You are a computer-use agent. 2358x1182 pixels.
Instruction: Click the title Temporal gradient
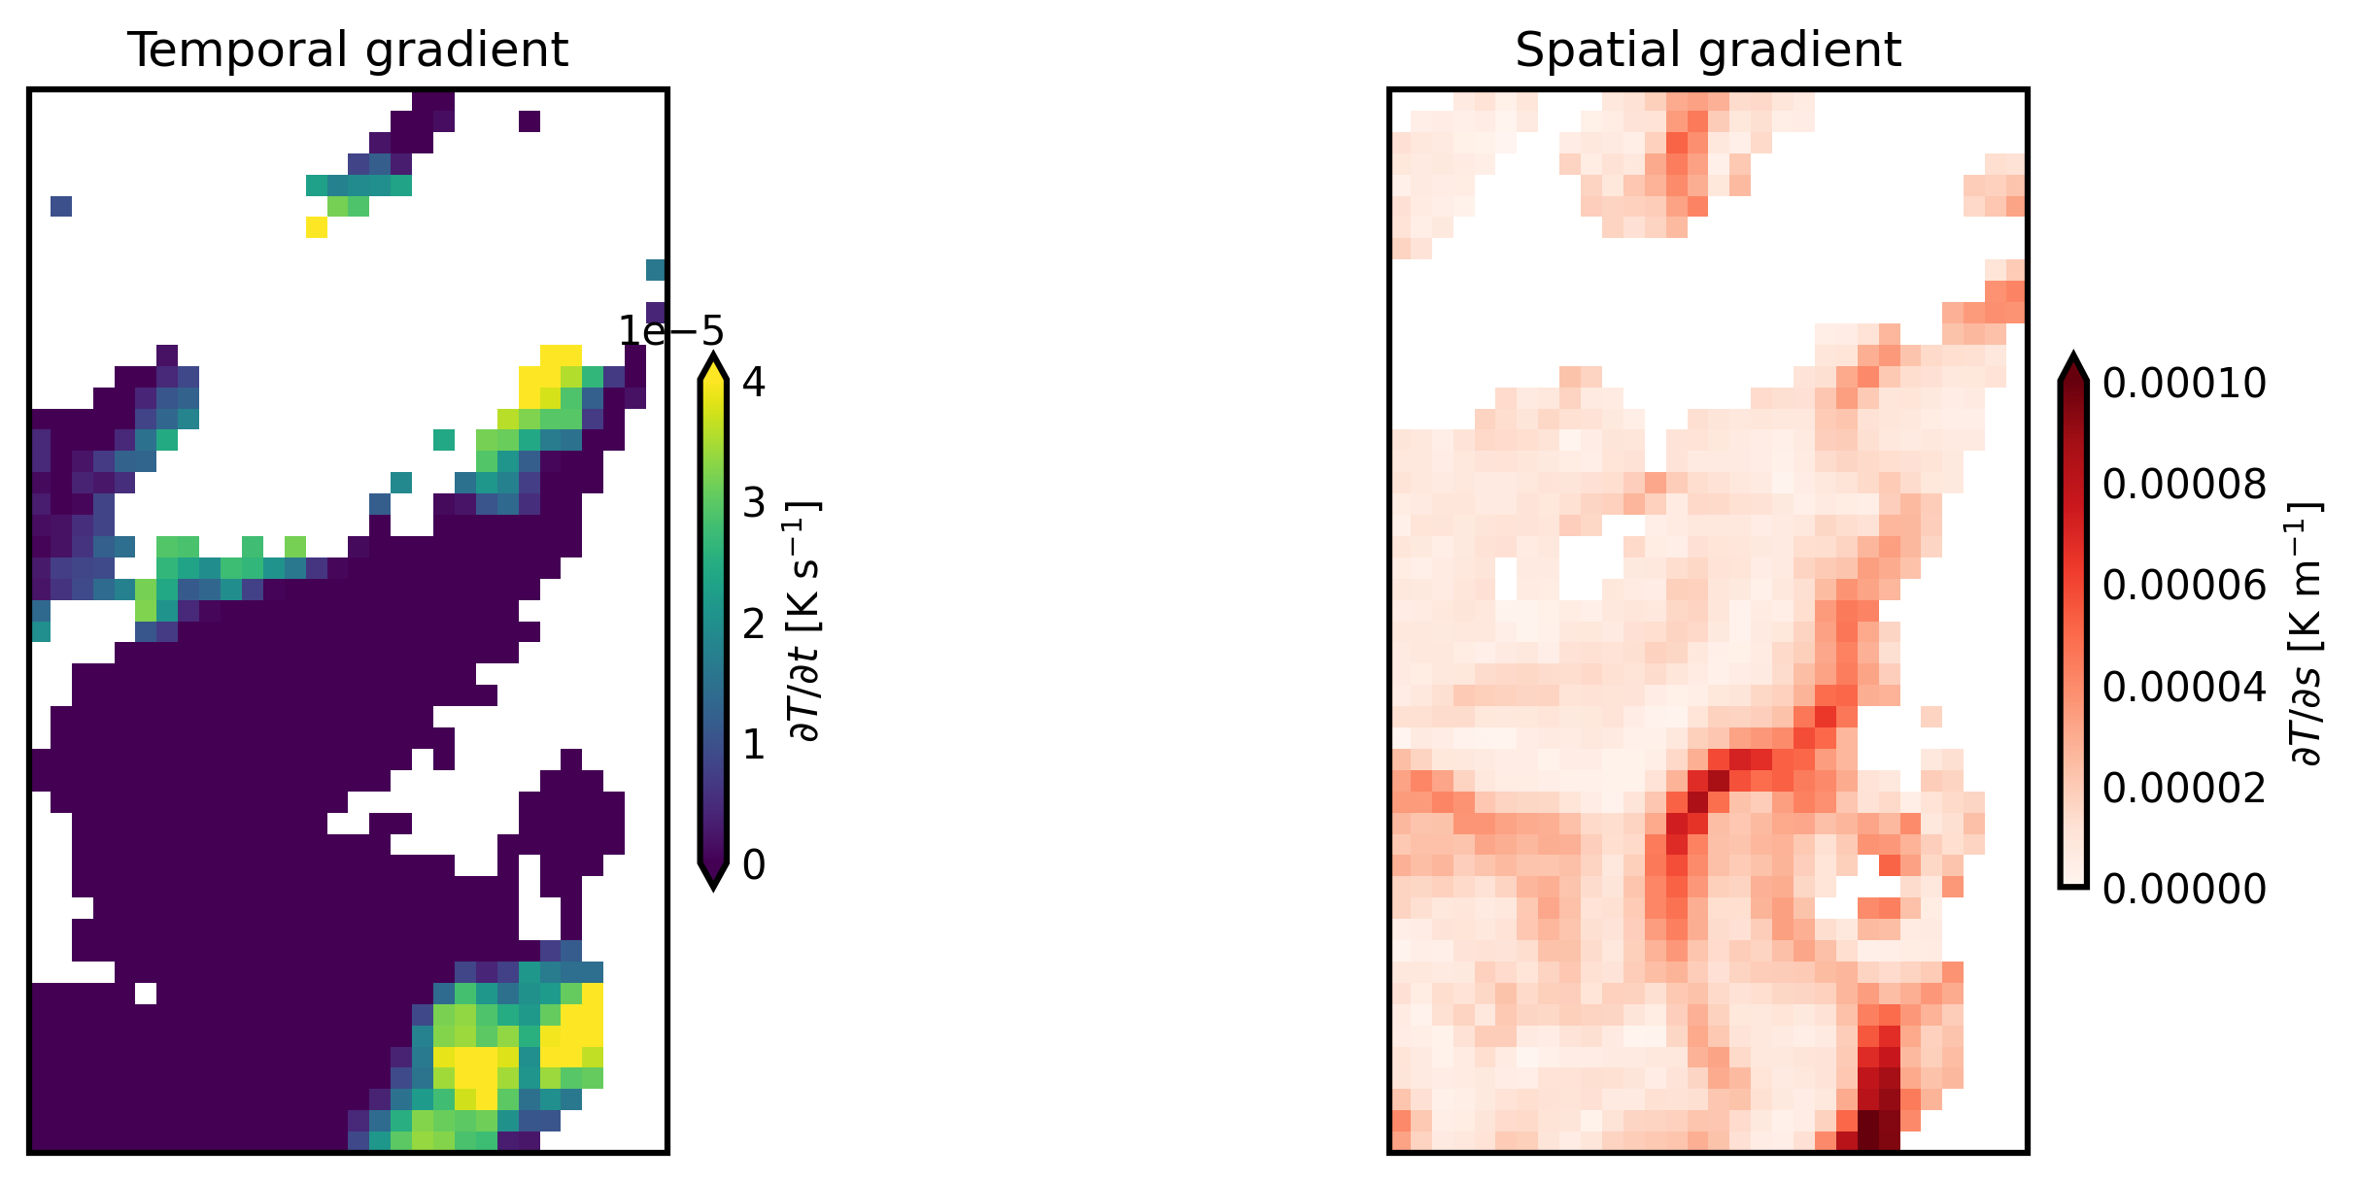click(x=348, y=51)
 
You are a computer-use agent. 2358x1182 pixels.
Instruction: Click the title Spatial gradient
click(x=1707, y=51)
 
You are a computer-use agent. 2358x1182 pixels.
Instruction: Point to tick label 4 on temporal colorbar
click(x=753, y=382)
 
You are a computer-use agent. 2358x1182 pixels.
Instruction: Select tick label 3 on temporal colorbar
click(x=753, y=503)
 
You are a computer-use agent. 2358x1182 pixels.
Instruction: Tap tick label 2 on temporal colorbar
click(x=753, y=624)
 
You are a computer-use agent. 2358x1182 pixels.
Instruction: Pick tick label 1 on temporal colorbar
click(x=753, y=744)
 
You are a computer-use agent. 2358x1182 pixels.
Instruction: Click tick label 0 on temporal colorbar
click(x=753, y=864)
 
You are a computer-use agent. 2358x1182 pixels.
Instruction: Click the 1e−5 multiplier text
click(x=671, y=332)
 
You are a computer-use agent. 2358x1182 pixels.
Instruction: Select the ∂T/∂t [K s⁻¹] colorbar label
click(x=806, y=622)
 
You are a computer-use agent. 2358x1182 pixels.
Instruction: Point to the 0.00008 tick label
click(x=2183, y=485)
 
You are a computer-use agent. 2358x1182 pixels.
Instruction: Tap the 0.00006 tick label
click(x=2183, y=586)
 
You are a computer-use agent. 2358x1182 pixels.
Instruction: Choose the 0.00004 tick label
click(x=2183, y=687)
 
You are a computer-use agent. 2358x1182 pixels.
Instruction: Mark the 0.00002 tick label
click(x=2183, y=788)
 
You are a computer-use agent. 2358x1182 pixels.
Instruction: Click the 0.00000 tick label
click(x=2183, y=889)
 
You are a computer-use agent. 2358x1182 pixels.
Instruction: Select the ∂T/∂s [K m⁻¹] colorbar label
click(x=2305, y=633)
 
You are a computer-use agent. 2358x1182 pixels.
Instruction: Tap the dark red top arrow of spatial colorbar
click(x=2072, y=367)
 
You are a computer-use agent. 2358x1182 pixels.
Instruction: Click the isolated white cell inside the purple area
click(x=146, y=994)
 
